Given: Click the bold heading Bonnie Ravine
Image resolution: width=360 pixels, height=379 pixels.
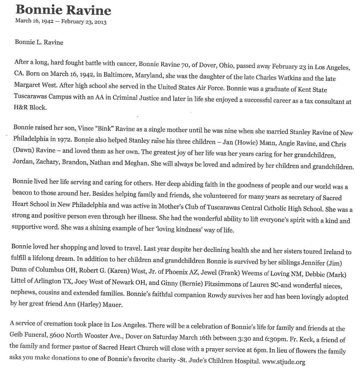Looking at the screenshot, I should [x=63, y=10].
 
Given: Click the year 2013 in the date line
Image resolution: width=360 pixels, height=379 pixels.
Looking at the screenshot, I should [x=100, y=22].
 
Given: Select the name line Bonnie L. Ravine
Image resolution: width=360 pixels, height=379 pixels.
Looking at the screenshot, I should [x=39, y=42].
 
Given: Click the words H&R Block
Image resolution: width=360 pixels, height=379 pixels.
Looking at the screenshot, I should [x=30, y=107].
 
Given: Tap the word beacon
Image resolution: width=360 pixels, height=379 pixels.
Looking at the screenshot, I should [x=22, y=193].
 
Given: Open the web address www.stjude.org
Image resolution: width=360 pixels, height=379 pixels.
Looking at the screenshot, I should [x=284, y=362].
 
